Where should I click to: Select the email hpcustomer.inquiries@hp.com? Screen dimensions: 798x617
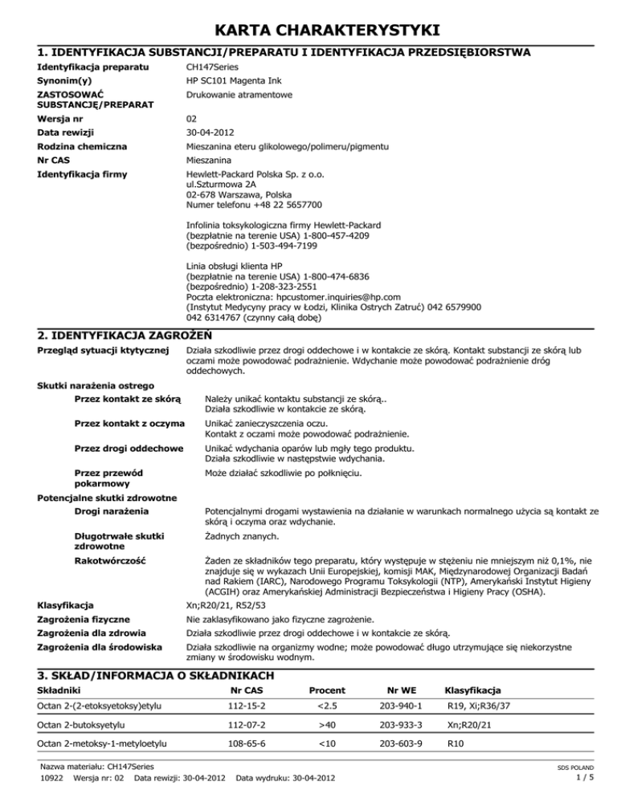[x=308, y=296]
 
